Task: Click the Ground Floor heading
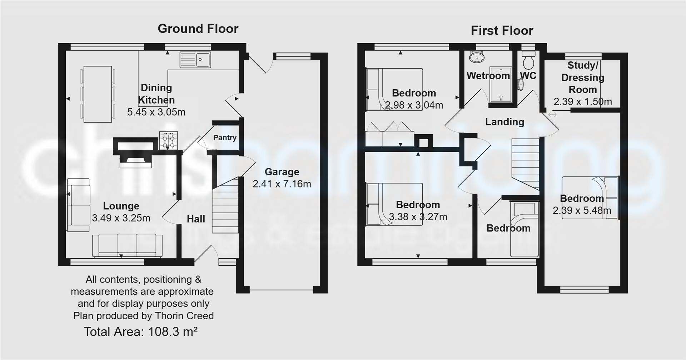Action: coord(198,29)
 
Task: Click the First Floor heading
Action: coord(502,31)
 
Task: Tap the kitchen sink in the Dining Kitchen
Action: coord(195,60)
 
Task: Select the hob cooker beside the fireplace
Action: coord(168,140)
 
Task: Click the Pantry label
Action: coord(225,138)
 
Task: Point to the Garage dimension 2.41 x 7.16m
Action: coord(282,184)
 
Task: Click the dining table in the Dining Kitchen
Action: coord(98,94)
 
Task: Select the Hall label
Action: coord(196,219)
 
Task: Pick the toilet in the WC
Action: coord(528,61)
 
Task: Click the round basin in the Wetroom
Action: coord(477,57)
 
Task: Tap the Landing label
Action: coord(504,122)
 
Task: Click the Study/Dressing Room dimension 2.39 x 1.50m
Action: coord(582,102)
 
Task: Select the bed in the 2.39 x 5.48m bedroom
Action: coord(590,197)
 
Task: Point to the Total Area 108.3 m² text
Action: coord(141,332)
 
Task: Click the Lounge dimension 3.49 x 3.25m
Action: coord(121,218)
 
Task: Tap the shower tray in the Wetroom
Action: coord(501,84)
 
